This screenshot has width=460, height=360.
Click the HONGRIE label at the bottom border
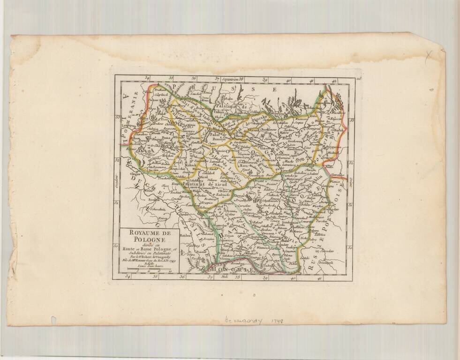click(x=227, y=270)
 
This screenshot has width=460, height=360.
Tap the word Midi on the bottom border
click(x=229, y=278)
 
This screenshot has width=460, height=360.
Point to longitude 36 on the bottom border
click(x=181, y=278)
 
